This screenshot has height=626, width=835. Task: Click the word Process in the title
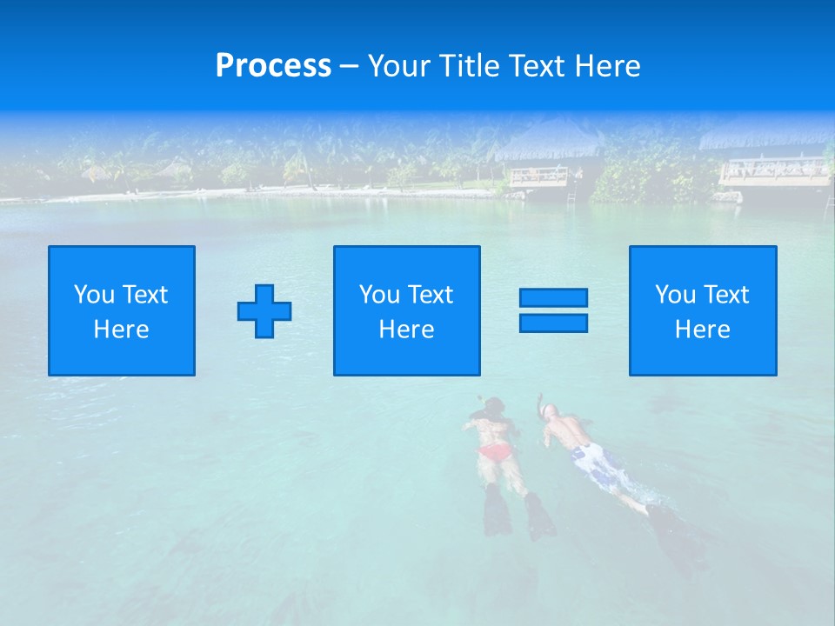(x=273, y=66)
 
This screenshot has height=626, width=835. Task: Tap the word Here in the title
(x=605, y=66)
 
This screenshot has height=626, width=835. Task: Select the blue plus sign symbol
(x=264, y=311)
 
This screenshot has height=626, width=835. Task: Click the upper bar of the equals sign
(x=553, y=298)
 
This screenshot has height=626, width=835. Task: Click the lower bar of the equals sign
(x=553, y=323)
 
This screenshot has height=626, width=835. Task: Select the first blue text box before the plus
(x=122, y=311)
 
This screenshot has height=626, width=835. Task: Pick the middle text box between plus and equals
(x=406, y=311)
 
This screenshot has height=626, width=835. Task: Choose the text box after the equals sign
(x=703, y=311)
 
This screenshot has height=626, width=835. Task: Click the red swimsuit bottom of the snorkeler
(x=496, y=452)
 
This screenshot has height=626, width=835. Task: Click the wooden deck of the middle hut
(x=538, y=176)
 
